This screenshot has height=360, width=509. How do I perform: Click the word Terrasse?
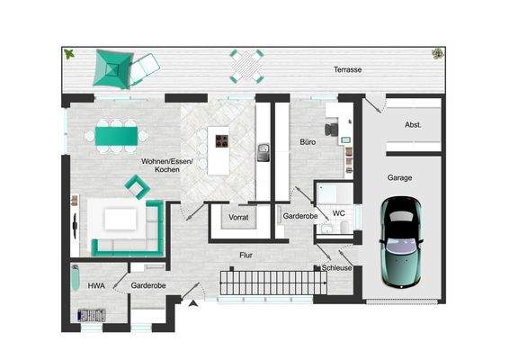[x=346, y=69]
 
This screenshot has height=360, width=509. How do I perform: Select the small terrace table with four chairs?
[x=246, y=66]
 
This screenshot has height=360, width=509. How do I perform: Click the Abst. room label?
[x=412, y=125]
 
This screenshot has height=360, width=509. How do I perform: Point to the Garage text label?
[x=400, y=177]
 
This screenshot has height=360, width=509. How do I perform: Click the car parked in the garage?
[x=400, y=241]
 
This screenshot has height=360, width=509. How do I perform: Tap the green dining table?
[x=117, y=136]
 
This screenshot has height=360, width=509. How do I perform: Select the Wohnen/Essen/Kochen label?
[x=160, y=165]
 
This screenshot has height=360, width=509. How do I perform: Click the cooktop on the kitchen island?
[x=219, y=140]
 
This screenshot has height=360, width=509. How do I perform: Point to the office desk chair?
[x=335, y=129]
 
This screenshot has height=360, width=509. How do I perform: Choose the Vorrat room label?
[x=239, y=217]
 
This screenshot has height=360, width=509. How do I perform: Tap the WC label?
[x=338, y=213]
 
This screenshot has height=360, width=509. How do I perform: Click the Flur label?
[x=246, y=256]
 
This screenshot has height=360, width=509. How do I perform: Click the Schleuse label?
[x=336, y=267]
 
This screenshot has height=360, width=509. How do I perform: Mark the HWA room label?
[x=96, y=285]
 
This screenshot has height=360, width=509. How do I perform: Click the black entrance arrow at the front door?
[x=192, y=305]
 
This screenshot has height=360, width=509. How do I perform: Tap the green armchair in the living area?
[x=138, y=186]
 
